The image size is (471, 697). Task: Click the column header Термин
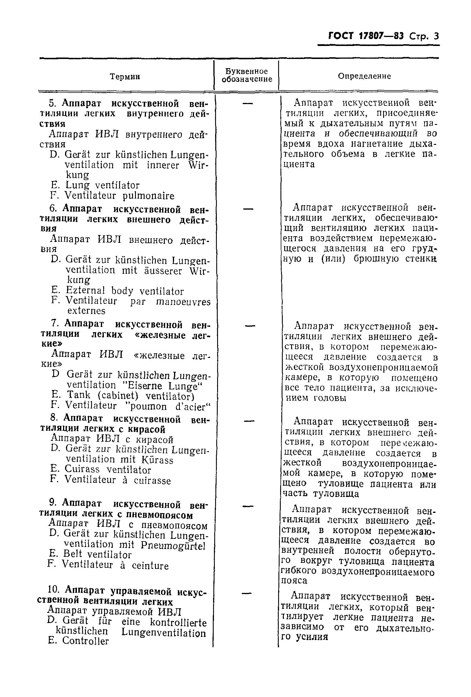(x=125, y=77)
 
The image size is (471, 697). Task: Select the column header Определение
(x=364, y=76)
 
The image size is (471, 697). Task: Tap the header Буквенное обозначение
(x=247, y=75)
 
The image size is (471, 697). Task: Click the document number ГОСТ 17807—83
(x=366, y=36)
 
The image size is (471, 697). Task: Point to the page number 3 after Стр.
(x=436, y=36)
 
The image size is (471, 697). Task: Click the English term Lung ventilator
(x=102, y=185)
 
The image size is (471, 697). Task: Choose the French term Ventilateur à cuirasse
(x=118, y=480)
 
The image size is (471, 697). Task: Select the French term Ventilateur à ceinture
(x=115, y=565)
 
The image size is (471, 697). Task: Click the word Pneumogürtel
(x=173, y=545)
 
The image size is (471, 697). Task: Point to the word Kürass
(x=158, y=459)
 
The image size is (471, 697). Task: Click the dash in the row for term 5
(x=247, y=103)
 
